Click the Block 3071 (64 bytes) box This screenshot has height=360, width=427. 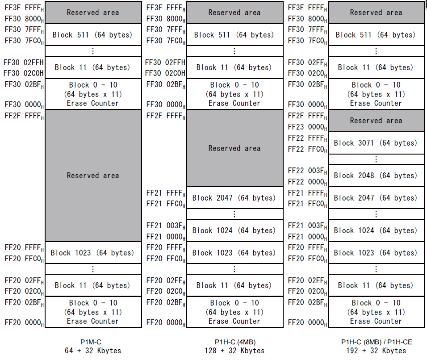[376, 143]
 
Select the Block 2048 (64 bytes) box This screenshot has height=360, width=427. [376, 176]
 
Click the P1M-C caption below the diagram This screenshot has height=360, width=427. [93, 342]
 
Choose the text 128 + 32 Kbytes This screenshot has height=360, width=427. [234, 351]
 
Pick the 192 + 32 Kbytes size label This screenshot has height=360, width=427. [376, 351]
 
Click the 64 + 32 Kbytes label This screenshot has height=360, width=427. [93, 351]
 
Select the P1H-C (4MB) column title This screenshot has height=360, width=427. [234, 342]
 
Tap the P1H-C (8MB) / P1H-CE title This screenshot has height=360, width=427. [377, 342]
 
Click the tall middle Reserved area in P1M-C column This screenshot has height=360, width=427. [93, 176]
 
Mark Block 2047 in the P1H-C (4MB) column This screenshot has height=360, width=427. [234, 197]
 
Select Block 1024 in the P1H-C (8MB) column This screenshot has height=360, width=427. [376, 230]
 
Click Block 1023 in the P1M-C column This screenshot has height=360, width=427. [92, 253]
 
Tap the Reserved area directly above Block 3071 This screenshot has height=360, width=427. [376, 121]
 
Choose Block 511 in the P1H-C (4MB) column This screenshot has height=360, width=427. [234, 35]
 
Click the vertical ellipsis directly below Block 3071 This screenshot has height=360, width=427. [376, 159]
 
